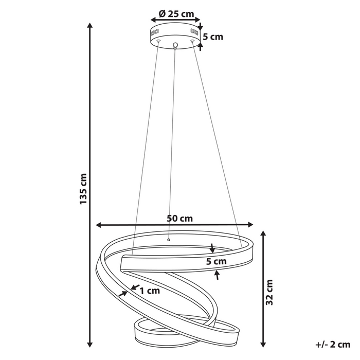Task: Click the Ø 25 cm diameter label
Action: tap(176, 14)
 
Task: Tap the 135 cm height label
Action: tap(83, 189)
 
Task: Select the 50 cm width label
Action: tap(180, 218)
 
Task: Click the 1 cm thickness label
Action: tap(150, 291)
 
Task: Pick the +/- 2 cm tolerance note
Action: tap(333, 345)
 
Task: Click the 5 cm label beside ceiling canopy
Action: tap(213, 37)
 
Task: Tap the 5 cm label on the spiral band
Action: tap(217, 261)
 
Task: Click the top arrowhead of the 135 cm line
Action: tap(90, 25)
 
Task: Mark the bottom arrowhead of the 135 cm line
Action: tap(90, 345)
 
